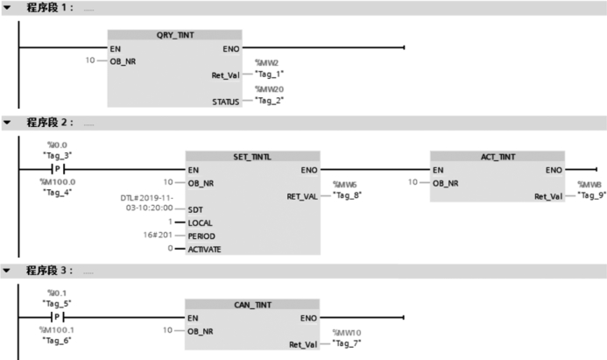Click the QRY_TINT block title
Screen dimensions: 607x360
tap(174, 35)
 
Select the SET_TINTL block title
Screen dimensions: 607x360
tap(252, 156)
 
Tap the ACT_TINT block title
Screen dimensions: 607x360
tap(498, 156)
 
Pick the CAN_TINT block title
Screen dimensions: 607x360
tap(252, 305)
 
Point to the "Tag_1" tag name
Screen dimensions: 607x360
tap(269, 75)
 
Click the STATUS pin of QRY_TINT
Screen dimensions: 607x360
tap(224, 102)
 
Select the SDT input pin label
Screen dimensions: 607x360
tap(196, 210)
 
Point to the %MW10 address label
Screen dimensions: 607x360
tap(346, 333)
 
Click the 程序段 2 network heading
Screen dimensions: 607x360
tap(51, 122)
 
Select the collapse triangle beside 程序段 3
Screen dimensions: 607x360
tap(8, 271)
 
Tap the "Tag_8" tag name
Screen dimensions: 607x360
tap(346, 196)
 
